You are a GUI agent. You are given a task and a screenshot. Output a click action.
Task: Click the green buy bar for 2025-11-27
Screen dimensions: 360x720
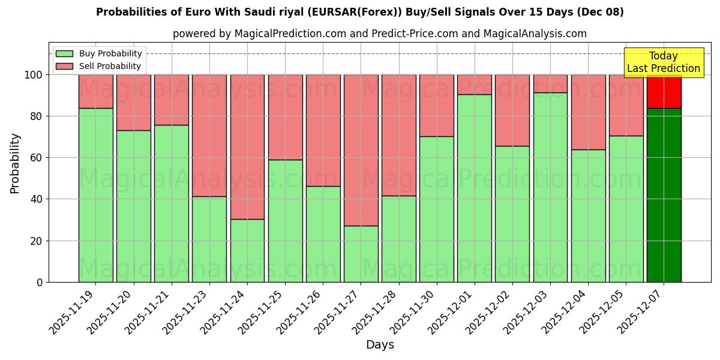[361, 254]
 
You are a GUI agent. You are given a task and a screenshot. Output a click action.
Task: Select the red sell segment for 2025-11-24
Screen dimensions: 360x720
[247, 147]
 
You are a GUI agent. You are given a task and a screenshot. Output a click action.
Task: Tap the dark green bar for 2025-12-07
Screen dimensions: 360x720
[664, 195]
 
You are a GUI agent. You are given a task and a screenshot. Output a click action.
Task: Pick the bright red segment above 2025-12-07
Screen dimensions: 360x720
[664, 92]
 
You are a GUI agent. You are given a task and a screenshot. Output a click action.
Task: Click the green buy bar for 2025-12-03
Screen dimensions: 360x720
[550, 187]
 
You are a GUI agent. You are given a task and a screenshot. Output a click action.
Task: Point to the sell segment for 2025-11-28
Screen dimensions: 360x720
[399, 135]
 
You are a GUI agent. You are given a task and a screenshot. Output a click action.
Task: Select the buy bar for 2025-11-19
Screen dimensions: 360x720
[95, 195]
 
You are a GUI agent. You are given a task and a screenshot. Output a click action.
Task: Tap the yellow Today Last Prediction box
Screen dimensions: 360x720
[664, 62]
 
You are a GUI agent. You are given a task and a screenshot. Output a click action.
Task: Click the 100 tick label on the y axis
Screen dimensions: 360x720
[32, 75]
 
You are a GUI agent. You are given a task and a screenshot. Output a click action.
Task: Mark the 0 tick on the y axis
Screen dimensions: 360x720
[40, 282]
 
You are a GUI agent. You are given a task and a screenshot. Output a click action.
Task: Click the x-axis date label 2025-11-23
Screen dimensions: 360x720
[186, 311]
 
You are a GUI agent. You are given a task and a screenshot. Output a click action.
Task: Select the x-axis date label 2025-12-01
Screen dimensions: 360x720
[451, 311]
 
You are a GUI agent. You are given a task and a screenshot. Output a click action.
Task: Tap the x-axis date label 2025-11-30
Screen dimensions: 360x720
[413, 311]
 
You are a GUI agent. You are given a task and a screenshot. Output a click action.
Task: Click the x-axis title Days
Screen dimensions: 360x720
[380, 345]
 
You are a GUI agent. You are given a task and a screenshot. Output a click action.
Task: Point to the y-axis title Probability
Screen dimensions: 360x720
[15, 163]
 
